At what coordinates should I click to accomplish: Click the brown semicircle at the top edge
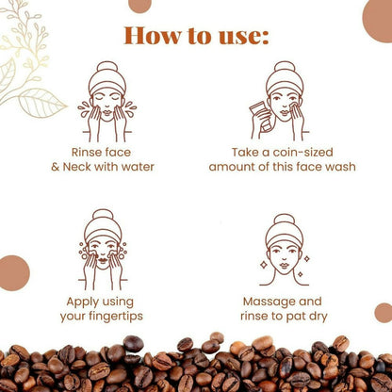coord(139,5)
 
